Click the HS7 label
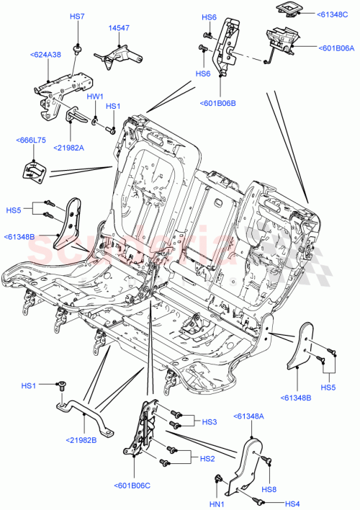(76, 16)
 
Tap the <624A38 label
(45, 54)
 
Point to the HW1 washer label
(95, 96)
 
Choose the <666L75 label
(31, 141)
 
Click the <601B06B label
(217, 103)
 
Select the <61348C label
(332, 13)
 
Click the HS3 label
(209, 422)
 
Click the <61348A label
(249, 416)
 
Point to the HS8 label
(269, 489)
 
